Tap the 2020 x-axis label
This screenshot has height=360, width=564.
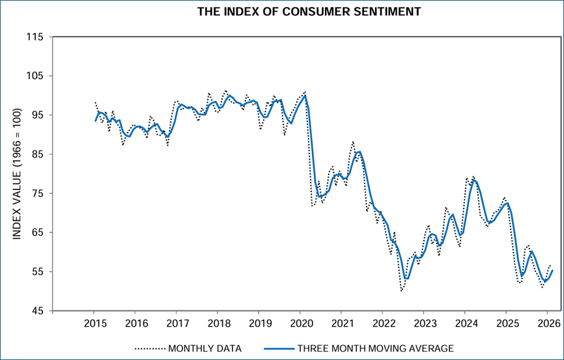[300, 324]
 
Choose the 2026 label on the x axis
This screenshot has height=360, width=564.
[548, 324]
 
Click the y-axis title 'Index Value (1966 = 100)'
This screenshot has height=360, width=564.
[18, 174]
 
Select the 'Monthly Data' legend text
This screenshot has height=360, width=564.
[204, 348]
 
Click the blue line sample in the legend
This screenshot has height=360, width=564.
[274, 348]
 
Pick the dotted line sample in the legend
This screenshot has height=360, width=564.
[150, 348]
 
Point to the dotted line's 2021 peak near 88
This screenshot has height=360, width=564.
[352, 141]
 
